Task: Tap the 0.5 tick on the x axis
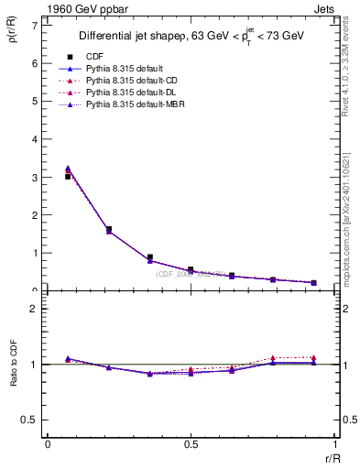[x=191, y=446]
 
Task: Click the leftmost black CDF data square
[x=68, y=176]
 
